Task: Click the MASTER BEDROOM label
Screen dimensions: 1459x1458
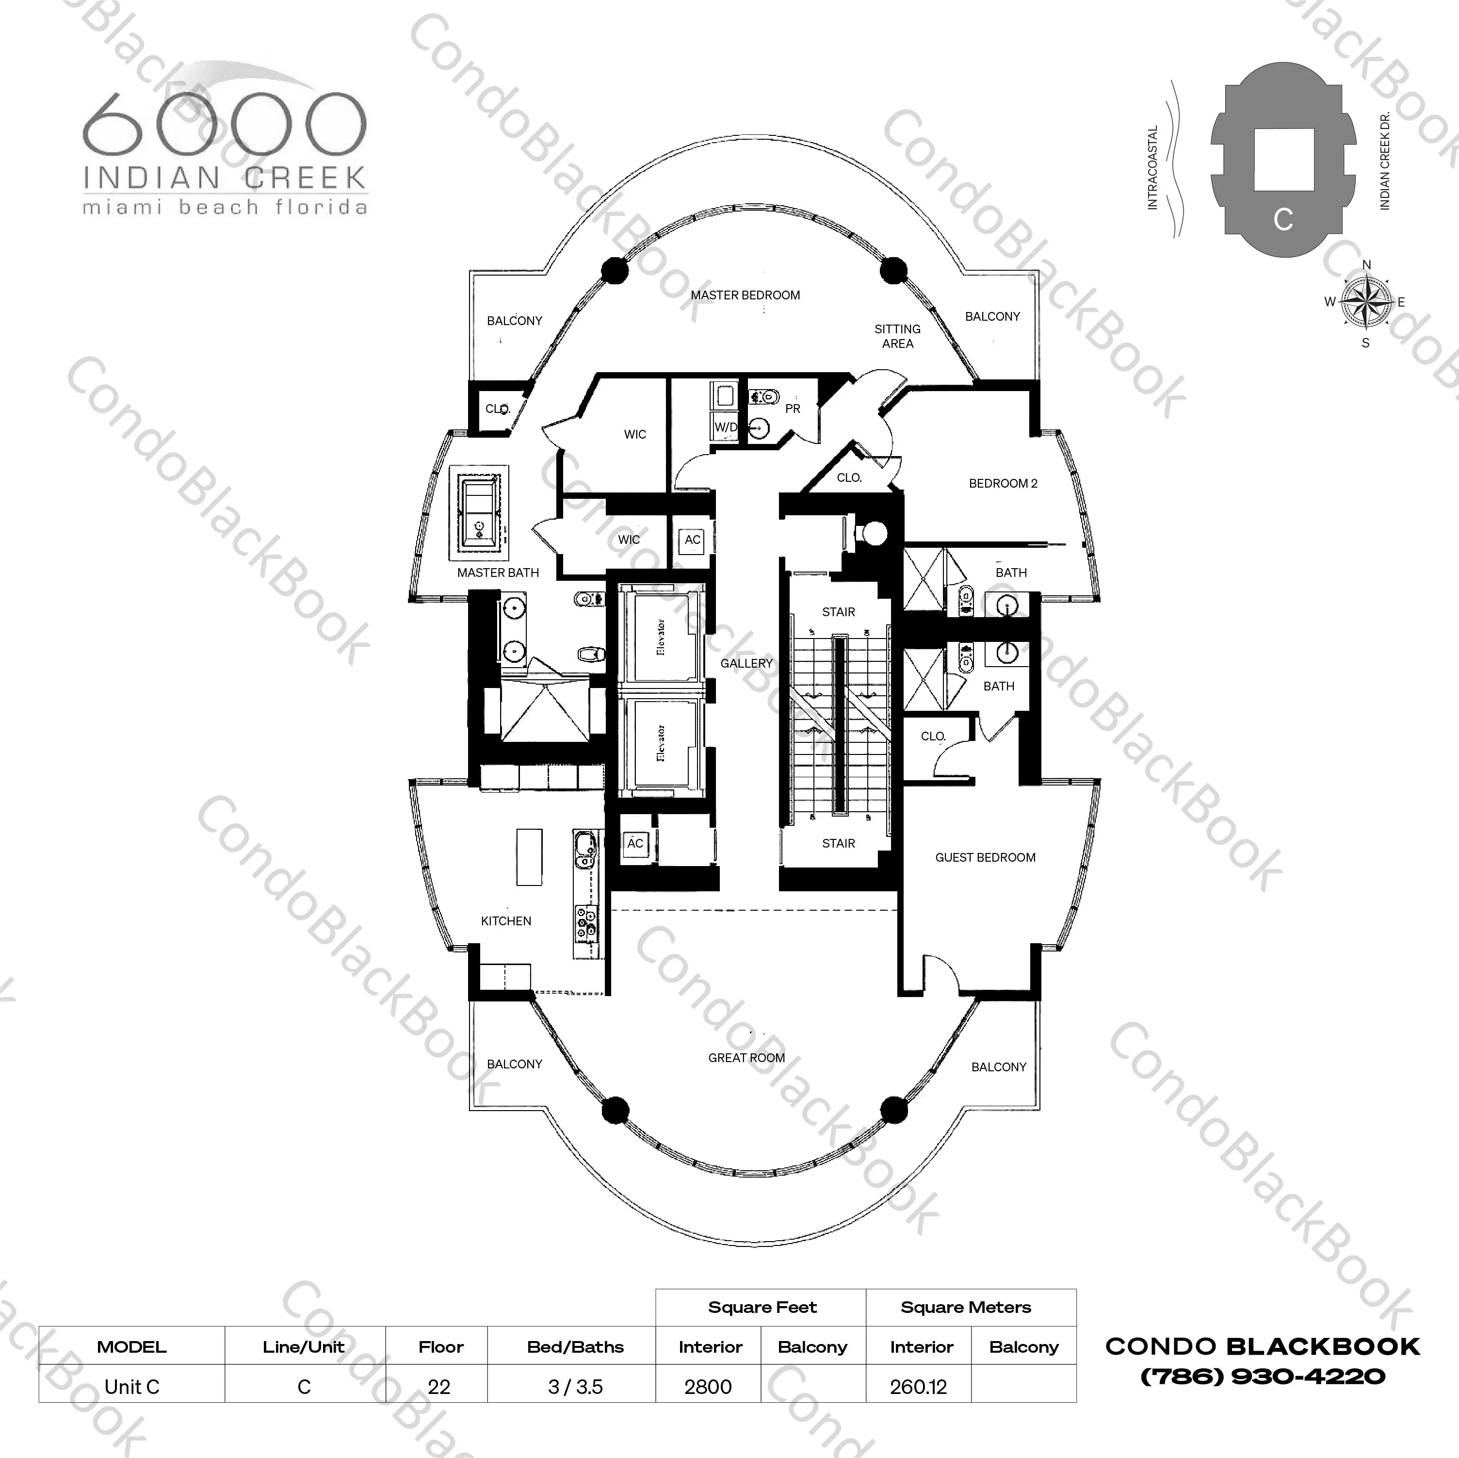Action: coord(746,295)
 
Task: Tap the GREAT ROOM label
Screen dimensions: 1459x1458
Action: coord(746,1058)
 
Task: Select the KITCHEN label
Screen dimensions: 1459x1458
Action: coord(506,921)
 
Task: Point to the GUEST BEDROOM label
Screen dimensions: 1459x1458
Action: coord(985,857)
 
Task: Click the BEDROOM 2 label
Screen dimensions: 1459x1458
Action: coord(1003,483)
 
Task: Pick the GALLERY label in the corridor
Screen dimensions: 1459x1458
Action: coord(746,663)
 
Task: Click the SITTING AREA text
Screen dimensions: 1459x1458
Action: coord(897,336)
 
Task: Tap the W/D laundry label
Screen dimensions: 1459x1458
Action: coord(726,427)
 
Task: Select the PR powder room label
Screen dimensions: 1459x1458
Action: coord(792,409)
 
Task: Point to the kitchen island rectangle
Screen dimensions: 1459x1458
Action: coord(529,857)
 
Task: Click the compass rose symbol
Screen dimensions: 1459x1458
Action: coord(1365,302)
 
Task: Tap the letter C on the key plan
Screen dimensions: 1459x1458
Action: coord(1283,219)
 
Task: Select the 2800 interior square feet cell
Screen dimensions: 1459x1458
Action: coord(708,1387)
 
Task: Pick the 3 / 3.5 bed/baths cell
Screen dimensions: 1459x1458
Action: coord(575,1387)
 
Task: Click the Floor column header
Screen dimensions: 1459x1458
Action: coord(441,1347)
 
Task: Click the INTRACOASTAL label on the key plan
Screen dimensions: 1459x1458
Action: coord(1152,168)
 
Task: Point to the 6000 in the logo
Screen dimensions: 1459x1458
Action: coord(224,124)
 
